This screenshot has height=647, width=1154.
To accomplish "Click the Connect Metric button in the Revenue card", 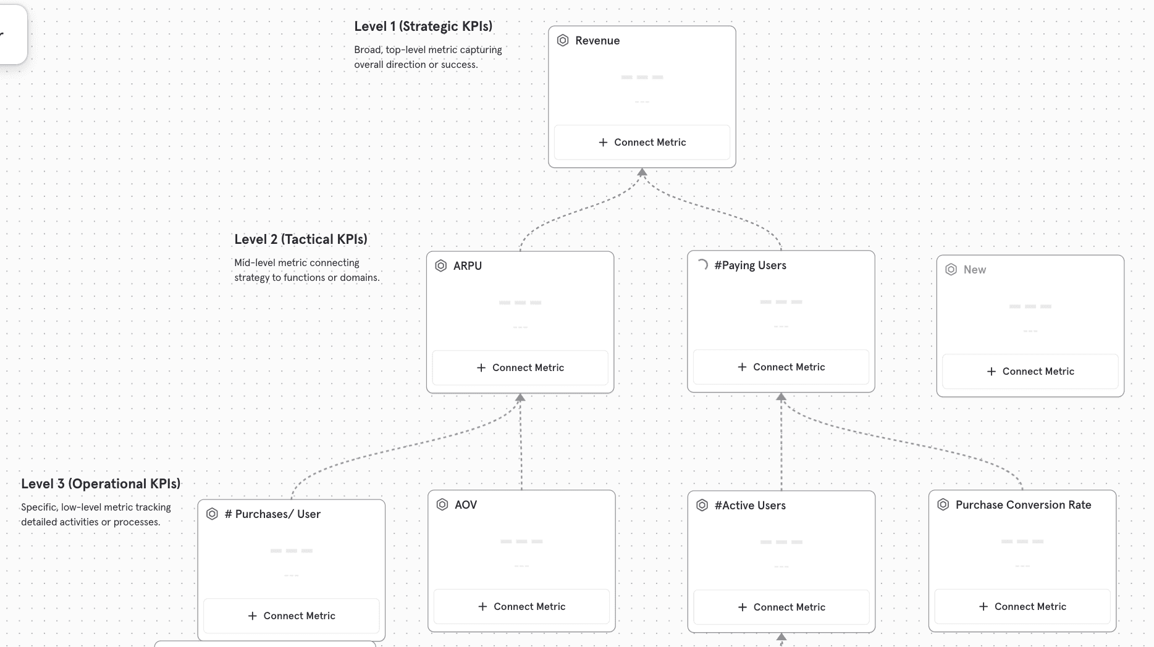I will coord(642,142).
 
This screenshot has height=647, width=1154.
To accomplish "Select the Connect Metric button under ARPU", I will coord(520,367).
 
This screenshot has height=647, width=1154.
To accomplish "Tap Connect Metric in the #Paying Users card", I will coord(781,367).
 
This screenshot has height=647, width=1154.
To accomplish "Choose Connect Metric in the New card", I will coord(1030,371).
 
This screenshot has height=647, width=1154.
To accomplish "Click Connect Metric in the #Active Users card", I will coord(781,607).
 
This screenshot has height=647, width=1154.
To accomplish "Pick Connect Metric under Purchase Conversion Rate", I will coord(1022,606).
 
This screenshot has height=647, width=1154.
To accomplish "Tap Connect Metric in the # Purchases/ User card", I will coord(291,616).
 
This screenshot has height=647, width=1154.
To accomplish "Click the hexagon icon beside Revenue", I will coord(563,41).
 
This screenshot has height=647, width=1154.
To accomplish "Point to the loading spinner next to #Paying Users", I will coord(702,265).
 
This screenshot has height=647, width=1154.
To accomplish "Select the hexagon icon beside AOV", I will coord(442,504).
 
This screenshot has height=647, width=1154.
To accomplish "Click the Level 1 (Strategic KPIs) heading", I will coord(423,27).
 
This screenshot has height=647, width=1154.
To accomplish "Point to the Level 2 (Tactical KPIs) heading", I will coord(301,240).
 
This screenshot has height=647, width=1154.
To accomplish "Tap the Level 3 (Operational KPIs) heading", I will coord(101,484).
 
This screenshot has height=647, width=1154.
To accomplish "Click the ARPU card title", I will coord(468,266).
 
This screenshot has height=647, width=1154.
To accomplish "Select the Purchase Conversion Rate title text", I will coord(1023,505).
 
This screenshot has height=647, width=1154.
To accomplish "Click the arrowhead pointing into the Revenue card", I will coord(642,173).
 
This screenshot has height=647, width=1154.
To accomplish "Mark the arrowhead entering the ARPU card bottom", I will coord(520,398).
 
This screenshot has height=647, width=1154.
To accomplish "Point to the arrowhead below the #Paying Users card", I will coord(781,398).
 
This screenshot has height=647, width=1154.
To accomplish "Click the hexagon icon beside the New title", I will coord(951,270).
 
